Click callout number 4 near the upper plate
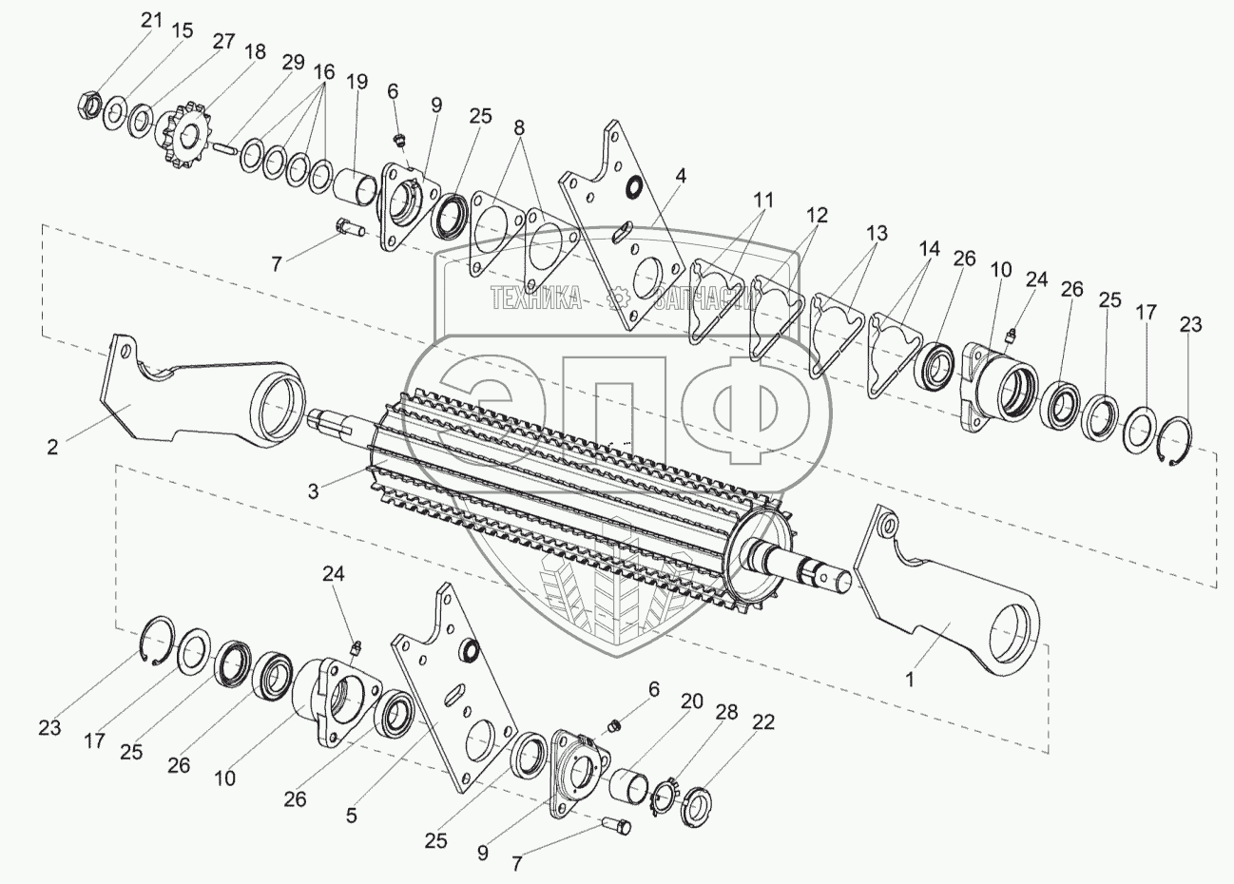point(681,176)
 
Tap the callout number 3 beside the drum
point(313,491)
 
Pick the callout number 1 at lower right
point(910,680)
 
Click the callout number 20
point(692,701)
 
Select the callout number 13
point(877,233)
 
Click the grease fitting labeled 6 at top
point(400,142)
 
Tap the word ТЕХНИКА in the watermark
point(535,298)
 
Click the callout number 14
point(930,249)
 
